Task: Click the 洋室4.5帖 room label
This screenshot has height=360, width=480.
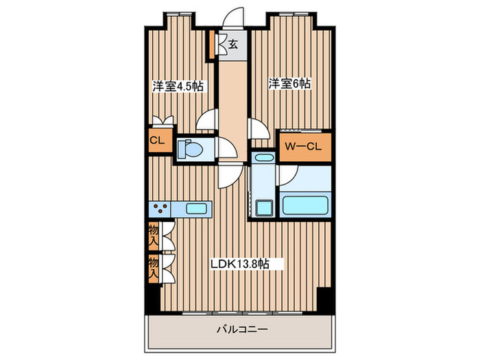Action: tap(178, 86)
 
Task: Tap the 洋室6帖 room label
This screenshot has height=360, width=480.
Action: tap(289, 84)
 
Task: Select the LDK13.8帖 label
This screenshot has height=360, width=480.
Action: tap(240, 263)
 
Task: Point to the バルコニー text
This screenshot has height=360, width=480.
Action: tap(243, 330)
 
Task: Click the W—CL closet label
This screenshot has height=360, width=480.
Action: tap(303, 147)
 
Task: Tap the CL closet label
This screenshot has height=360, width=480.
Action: tap(157, 141)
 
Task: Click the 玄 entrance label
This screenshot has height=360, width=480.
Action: tap(232, 45)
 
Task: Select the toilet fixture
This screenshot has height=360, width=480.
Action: tap(190, 149)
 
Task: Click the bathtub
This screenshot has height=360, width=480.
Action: tap(306, 205)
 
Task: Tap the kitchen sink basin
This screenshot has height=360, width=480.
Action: tap(197, 208)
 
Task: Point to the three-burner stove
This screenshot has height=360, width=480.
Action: tap(160, 208)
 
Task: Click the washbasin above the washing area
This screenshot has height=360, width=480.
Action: tap(264, 158)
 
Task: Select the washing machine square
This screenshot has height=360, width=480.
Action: tap(264, 208)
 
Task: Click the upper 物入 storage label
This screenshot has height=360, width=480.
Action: tap(154, 235)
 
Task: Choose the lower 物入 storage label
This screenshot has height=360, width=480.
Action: tap(154, 269)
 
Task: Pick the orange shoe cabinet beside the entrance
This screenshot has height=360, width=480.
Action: tap(211, 45)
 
